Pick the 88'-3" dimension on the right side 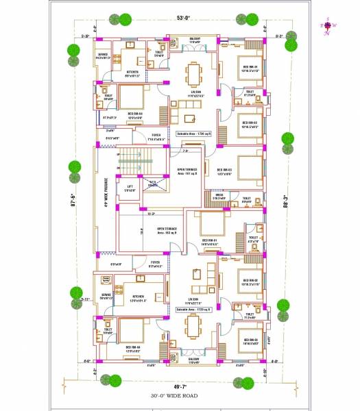(x=286, y=203)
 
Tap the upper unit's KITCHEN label (x=132, y=72)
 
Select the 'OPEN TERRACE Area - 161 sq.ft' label (x=187, y=173)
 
